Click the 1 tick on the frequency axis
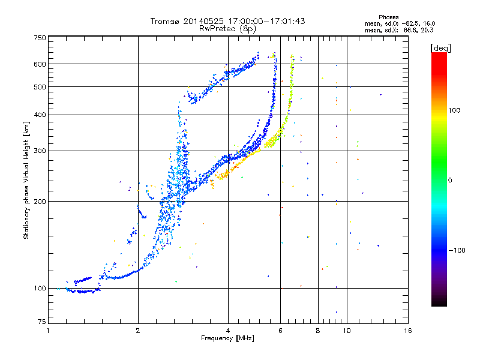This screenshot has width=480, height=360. point(48,331)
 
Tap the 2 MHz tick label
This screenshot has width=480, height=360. point(138,331)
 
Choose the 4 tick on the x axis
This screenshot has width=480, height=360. point(228,331)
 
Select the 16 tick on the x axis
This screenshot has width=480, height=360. point(407,331)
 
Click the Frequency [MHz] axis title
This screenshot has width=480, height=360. point(227,339)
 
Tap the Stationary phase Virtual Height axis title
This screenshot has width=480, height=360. point(26,180)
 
